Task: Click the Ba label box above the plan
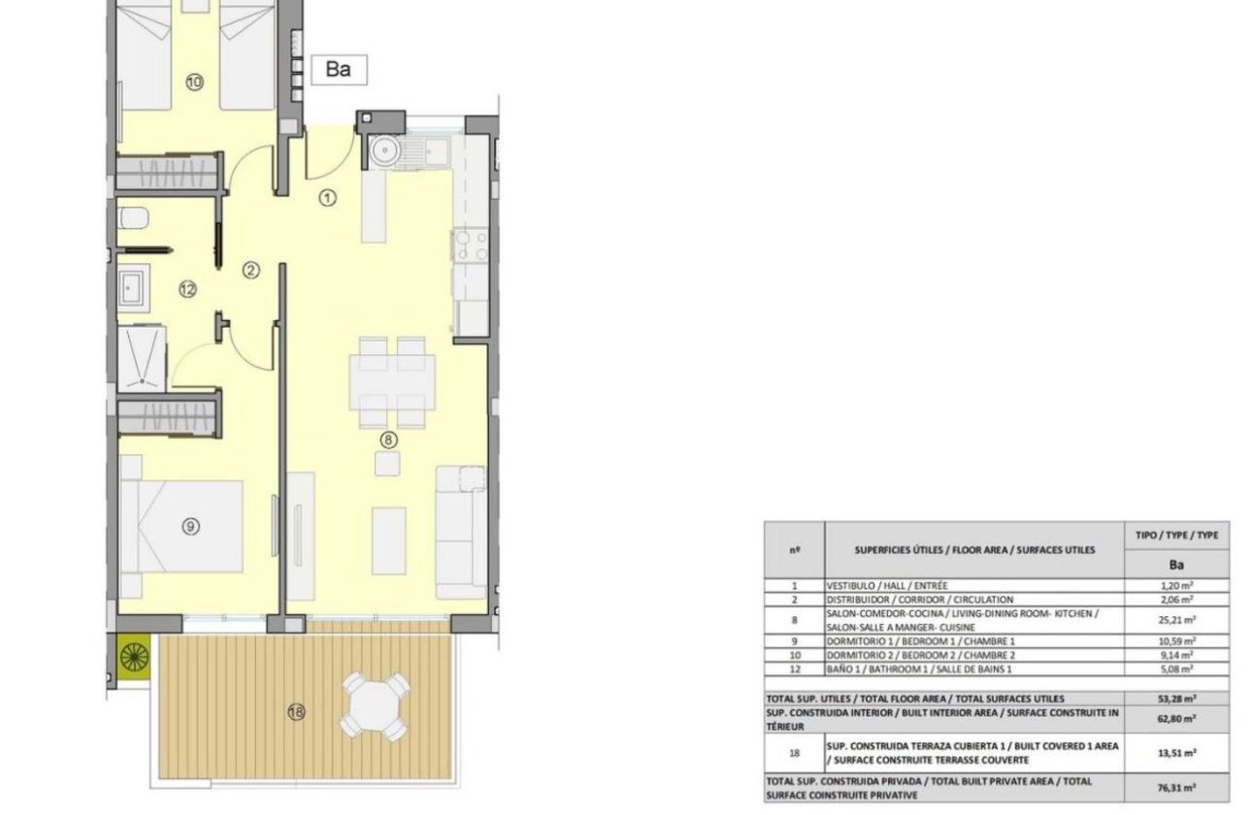click(x=338, y=70)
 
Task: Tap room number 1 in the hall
click(x=328, y=198)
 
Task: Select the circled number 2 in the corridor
click(x=250, y=271)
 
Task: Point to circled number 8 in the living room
click(x=387, y=440)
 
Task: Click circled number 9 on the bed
click(x=190, y=526)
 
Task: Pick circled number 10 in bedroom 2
click(x=194, y=82)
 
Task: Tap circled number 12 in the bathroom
click(x=187, y=289)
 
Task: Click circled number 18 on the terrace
click(x=296, y=713)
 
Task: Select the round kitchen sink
click(x=384, y=150)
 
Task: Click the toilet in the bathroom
click(x=132, y=218)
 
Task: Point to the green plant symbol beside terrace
click(x=132, y=656)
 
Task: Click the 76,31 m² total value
click(x=1176, y=788)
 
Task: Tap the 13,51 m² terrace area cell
click(x=1176, y=753)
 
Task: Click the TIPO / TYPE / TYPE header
click(x=1176, y=535)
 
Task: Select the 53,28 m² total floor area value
click(x=1176, y=698)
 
